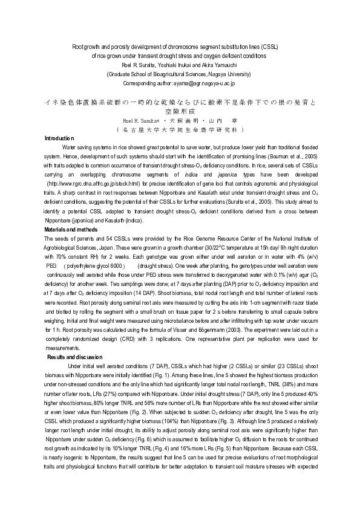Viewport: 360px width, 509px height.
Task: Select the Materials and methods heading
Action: (x=71, y=230)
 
